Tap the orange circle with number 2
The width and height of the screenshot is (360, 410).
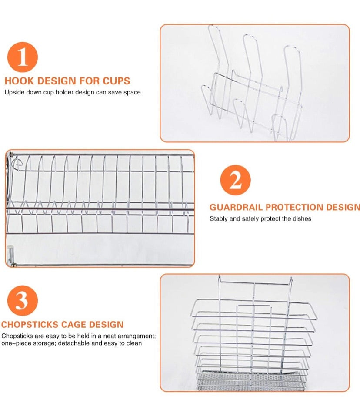tap(235, 180)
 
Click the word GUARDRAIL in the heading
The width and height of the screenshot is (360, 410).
tap(236, 207)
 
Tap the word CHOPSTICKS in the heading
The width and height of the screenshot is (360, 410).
tap(28, 325)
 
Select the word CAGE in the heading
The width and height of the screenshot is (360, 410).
tap(72, 325)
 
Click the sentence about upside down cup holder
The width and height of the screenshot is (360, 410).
tap(73, 92)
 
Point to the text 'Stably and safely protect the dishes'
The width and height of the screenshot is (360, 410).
tap(260, 218)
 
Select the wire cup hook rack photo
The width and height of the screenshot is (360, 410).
tap(254, 83)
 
